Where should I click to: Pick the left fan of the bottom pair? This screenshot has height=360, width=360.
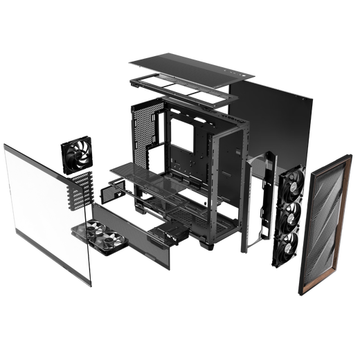[94, 231]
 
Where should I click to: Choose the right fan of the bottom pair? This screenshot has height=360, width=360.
[112, 242]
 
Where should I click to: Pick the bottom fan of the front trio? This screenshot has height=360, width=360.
[292, 246]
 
